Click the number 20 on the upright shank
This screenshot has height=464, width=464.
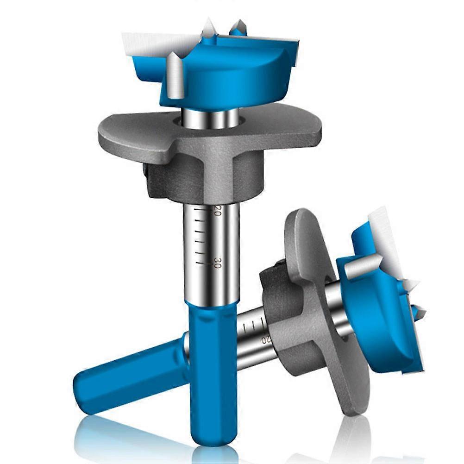[x=218, y=210]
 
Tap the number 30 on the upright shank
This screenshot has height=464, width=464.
[x=218, y=263]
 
